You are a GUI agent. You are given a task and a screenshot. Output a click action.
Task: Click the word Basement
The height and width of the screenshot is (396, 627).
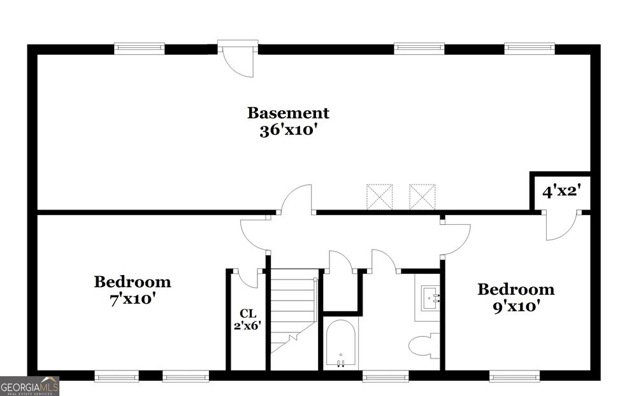[288, 113]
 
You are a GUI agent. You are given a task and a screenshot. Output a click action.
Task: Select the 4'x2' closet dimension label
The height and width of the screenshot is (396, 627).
[561, 192]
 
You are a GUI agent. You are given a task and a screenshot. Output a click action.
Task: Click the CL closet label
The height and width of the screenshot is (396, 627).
[248, 313]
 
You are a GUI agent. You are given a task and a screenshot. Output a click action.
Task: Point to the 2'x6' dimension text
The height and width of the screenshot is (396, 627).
[247, 326]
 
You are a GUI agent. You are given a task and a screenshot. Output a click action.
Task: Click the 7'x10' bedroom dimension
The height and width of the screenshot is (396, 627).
[133, 299]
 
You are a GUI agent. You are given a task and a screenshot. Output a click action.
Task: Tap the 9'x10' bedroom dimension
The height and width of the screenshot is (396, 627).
[516, 307]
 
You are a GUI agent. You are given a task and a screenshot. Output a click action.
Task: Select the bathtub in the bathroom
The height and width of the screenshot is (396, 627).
[341, 343]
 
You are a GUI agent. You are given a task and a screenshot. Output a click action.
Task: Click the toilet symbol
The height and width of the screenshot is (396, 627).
[424, 346]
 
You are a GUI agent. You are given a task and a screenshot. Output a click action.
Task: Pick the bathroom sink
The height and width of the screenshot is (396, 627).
[431, 298]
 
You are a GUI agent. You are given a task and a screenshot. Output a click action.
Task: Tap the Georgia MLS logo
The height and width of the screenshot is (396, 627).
[29, 386]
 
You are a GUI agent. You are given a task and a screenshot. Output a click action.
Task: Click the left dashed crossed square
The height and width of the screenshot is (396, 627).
[380, 197]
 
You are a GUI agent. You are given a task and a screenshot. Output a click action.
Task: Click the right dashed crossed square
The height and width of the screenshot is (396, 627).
[422, 197]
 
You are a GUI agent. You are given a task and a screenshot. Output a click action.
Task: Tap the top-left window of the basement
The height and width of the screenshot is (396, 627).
[139, 48]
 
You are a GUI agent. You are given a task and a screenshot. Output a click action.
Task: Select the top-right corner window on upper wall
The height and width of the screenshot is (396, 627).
[530, 48]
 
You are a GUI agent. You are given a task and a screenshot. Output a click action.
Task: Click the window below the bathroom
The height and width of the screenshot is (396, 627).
[386, 376]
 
